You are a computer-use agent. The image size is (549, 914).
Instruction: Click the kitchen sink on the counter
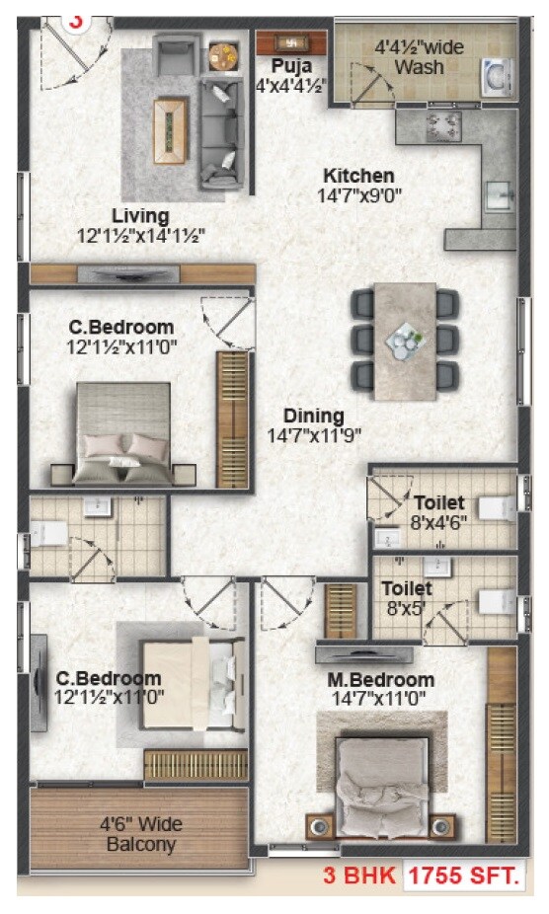click(496, 194)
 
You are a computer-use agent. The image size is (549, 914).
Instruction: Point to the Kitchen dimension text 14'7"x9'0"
click(361, 195)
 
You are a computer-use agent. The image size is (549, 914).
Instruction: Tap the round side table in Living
click(222, 55)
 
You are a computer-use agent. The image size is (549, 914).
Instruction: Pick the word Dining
click(314, 416)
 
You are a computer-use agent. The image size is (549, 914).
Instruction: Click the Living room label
click(140, 215)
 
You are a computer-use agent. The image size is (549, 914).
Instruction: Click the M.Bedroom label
click(381, 680)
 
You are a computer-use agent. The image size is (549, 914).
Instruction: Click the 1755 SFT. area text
click(463, 876)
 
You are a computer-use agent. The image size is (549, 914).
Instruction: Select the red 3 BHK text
click(360, 876)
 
